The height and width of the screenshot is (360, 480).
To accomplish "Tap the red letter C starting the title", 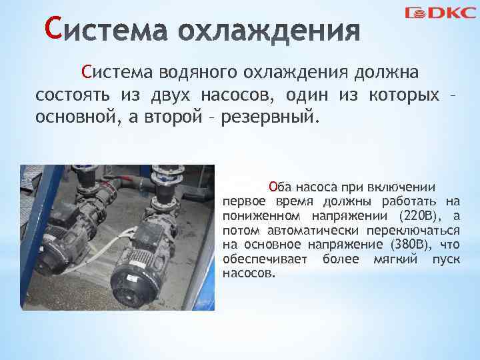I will [x=53, y=29].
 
